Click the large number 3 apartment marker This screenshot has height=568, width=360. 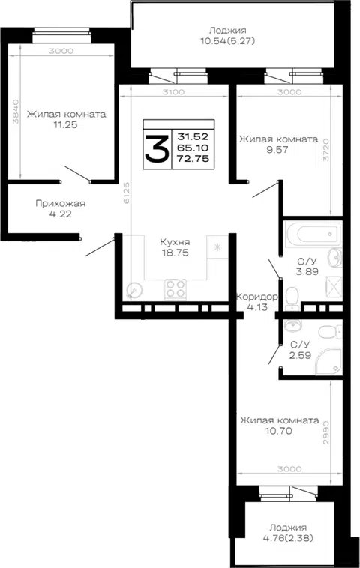tap(157, 148)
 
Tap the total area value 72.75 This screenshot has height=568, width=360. tap(193, 158)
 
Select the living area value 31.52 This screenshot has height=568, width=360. tap(193, 137)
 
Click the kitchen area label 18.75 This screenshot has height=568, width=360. tap(175, 253)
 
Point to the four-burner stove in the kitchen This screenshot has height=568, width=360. tap(175, 289)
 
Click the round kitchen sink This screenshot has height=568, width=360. tap(134, 290)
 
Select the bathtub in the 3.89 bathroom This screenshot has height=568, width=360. tap(313, 234)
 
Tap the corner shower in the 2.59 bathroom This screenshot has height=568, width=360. tap(328, 361)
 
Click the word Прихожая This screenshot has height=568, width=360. tap(61, 204)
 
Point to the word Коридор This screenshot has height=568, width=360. tap(257, 297)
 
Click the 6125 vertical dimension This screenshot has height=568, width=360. tap(127, 193)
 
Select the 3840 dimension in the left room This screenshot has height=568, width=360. tap(16, 112)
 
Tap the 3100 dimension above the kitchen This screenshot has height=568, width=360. tap(173, 92)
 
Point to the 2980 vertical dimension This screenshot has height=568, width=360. tap(326, 432)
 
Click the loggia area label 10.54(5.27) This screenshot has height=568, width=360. tap(228, 41)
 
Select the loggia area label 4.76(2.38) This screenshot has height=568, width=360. tap(288, 538)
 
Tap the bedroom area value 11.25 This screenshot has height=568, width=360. tap(65, 125)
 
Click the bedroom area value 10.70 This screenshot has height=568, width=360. tap(278, 431)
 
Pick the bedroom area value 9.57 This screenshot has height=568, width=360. tap(277, 150)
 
